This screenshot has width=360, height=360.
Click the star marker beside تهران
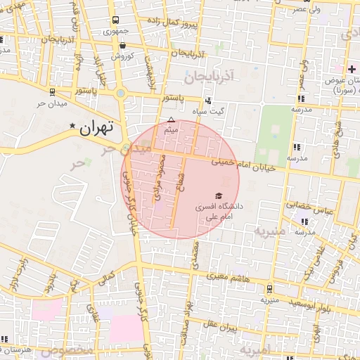click(72, 125)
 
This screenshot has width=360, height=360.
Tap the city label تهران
click(97, 128)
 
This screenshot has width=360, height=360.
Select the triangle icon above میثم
click(170, 120)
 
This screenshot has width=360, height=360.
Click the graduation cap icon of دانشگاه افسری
click(218, 195)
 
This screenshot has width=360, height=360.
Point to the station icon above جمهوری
click(115, 20)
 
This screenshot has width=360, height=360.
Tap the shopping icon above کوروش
click(122, 44)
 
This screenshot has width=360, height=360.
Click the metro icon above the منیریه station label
click(270, 288)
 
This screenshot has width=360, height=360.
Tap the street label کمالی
click(107, 280)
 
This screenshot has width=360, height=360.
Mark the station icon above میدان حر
click(52, 92)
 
